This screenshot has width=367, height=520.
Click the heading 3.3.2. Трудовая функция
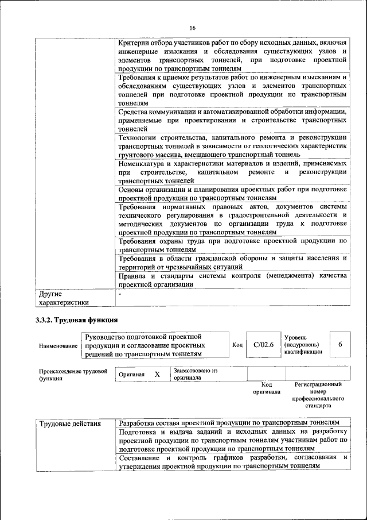77,319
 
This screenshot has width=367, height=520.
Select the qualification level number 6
340,344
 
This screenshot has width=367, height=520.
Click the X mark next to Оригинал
157,374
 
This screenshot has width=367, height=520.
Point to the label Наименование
58,346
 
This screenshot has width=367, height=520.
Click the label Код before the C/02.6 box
237,345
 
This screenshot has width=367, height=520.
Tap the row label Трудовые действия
70,424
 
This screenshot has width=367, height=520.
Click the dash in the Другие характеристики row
120,294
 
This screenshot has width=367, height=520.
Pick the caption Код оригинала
267,388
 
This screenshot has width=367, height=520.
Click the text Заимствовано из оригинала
195,375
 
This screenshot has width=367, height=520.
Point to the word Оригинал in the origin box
131,375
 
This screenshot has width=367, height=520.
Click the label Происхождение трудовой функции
73,375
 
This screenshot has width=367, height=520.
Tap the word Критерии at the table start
134,44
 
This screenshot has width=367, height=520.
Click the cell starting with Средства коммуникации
232,120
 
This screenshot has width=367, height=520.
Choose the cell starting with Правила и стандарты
232,280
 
